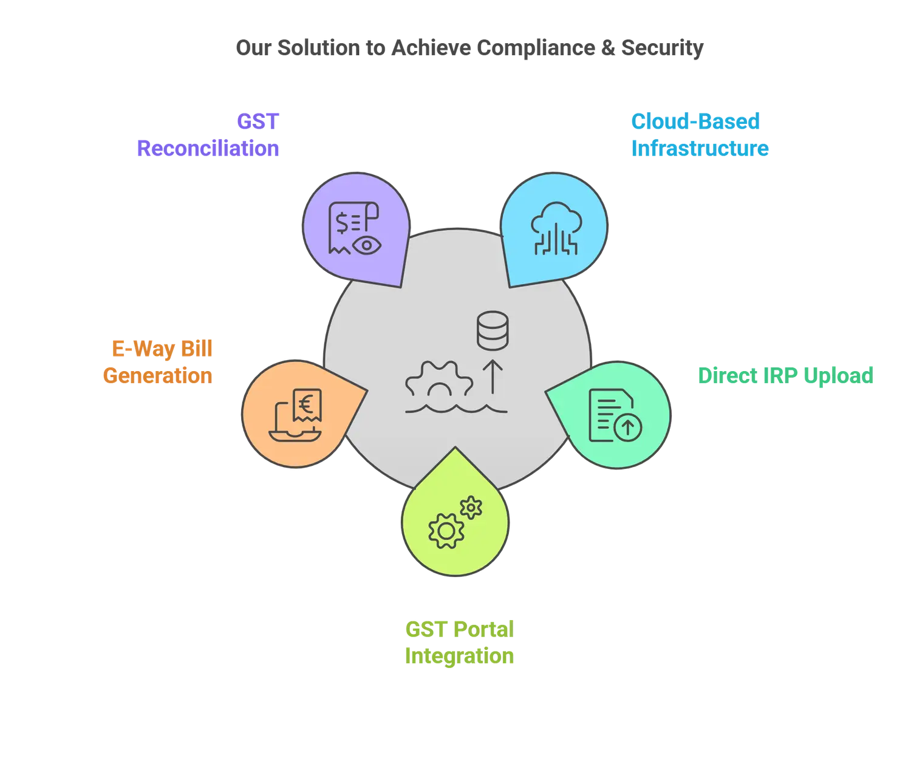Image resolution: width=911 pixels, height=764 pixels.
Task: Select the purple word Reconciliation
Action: [208, 148]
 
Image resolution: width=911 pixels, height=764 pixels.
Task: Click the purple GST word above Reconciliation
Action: [258, 121]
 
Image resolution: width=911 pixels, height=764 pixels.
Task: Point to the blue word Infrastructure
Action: [700, 148]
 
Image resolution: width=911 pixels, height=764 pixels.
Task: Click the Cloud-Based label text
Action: [696, 121]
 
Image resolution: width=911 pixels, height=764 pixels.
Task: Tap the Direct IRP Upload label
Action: [785, 376]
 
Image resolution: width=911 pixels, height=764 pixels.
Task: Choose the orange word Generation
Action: [158, 376]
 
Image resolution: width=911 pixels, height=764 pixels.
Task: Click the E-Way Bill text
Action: [162, 350]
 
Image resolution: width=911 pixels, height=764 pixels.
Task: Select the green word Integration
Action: [459, 657]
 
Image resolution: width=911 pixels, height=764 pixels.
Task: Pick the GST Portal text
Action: [459, 630]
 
